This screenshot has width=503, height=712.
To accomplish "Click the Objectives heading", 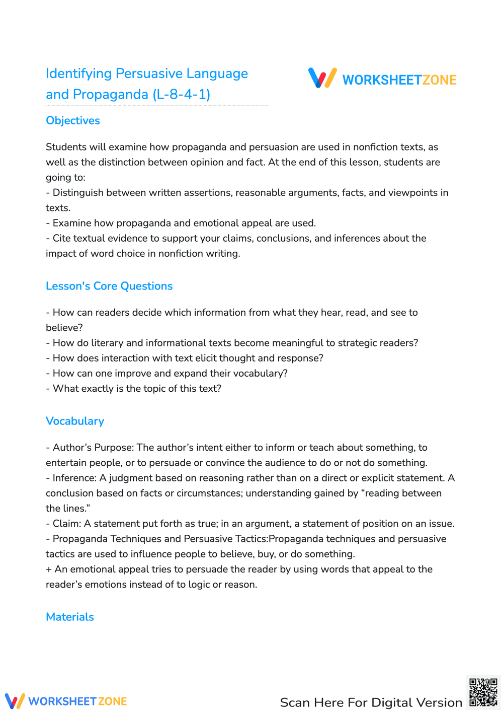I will (x=73, y=121).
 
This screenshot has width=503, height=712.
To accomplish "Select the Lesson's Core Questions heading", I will (x=109, y=286).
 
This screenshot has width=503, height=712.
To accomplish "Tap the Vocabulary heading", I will (x=75, y=421).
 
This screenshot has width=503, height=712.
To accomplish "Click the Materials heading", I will (x=70, y=617).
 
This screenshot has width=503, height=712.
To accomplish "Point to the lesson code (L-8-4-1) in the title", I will (x=182, y=94).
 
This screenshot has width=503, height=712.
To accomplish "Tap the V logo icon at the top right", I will (x=322, y=78).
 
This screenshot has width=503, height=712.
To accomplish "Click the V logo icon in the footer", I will (x=15, y=701).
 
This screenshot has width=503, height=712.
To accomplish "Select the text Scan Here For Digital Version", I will (x=371, y=702).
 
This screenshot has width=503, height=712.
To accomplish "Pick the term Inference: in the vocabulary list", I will (x=74, y=478).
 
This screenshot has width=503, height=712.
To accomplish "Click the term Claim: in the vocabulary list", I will (x=66, y=524).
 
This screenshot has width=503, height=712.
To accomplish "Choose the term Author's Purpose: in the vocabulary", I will (x=93, y=448).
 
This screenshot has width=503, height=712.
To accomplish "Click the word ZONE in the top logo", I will (x=439, y=80).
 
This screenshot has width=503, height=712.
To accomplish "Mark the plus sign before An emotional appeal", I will (x=49, y=569).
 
